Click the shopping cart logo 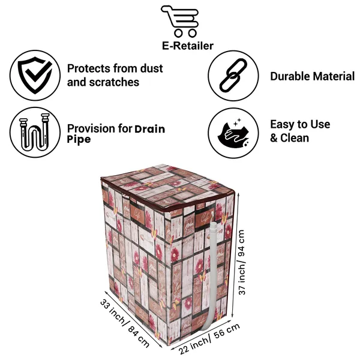click(x=180, y=21)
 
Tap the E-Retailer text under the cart click(x=188, y=46)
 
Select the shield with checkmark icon click(x=35, y=75)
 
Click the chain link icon click(x=233, y=76)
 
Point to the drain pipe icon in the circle click(x=35, y=132)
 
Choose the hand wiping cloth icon click(x=233, y=134)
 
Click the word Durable click(x=290, y=76)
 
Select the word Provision click(x=91, y=128)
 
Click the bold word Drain click(x=149, y=129)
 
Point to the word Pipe click(x=79, y=140)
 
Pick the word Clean click(x=295, y=138)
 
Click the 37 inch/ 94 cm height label click(x=242, y=262)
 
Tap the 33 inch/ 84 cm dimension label click(x=125, y=323)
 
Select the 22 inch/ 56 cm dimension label click(x=209, y=338)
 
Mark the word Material click(x=334, y=76)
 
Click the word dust click(x=152, y=68)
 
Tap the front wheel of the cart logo click(x=193, y=33)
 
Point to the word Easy click(x=282, y=124)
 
